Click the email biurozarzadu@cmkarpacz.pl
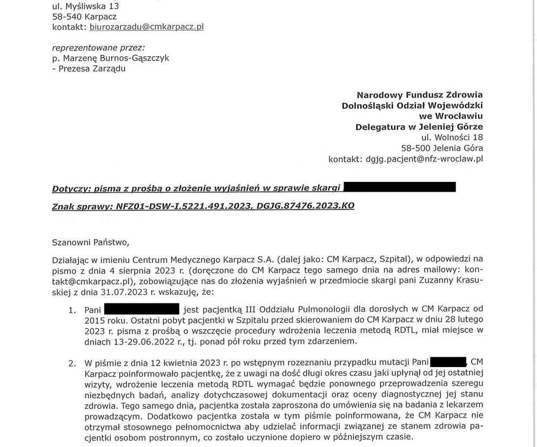tap(146, 26)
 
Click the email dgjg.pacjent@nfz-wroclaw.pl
tap(424, 159)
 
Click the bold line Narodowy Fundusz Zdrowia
tap(420, 95)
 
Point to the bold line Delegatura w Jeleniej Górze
tap(419, 127)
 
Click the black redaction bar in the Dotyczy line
tap(399, 187)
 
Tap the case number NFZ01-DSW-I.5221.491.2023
tap(183, 206)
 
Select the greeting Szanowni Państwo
tap(91, 242)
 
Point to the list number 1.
tap(72, 310)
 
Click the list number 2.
tap(72, 363)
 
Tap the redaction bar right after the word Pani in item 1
tap(141, 309)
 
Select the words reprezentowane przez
tap(98, 48)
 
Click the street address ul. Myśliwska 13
tap(85, 6)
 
